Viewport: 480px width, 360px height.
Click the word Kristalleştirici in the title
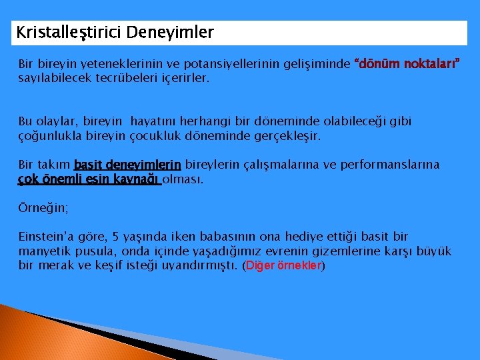point(68,32)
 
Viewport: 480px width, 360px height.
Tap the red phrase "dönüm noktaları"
point(407,65)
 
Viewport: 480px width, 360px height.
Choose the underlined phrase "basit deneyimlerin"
point(127,165)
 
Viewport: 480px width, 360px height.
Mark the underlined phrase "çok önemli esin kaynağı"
point(89,179)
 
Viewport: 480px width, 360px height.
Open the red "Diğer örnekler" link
point(284,265)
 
